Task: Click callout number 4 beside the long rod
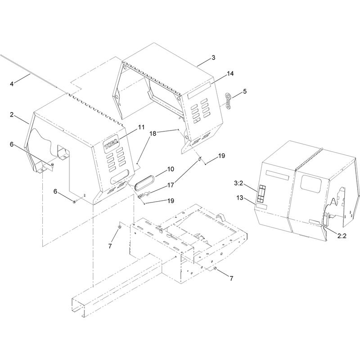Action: coord(12,84)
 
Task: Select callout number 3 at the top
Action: coord(213,58)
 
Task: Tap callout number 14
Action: coord(230,73)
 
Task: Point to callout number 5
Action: coord(245,91)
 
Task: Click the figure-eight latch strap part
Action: coord(228,101)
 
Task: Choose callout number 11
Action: coord(141,127)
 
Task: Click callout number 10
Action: coord(171,169)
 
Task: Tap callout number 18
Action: coord(153,134)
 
